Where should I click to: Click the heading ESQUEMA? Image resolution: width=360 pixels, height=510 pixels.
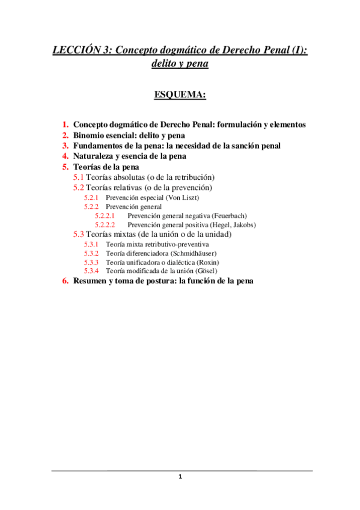(180, 94)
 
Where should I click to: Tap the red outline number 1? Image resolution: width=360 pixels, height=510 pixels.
(65, 124)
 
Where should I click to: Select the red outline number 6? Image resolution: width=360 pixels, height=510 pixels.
(65, 281)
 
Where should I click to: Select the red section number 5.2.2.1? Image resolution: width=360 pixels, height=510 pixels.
(105, 215)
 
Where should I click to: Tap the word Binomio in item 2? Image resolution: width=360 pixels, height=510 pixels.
(90, 135)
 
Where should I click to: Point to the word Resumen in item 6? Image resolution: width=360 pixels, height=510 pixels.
(91, 281)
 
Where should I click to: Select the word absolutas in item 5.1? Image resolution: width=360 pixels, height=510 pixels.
(132, 177)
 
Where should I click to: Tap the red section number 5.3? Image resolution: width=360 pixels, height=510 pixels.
(78, 234)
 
